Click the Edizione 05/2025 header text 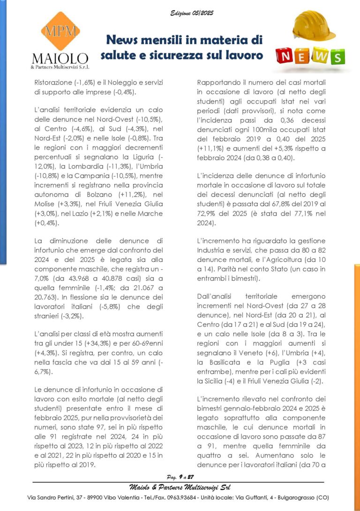(192, 13)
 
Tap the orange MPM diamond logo (60, 31)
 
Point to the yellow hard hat (314, 26)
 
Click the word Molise (46, 204)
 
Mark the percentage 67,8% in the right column (286, 203)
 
